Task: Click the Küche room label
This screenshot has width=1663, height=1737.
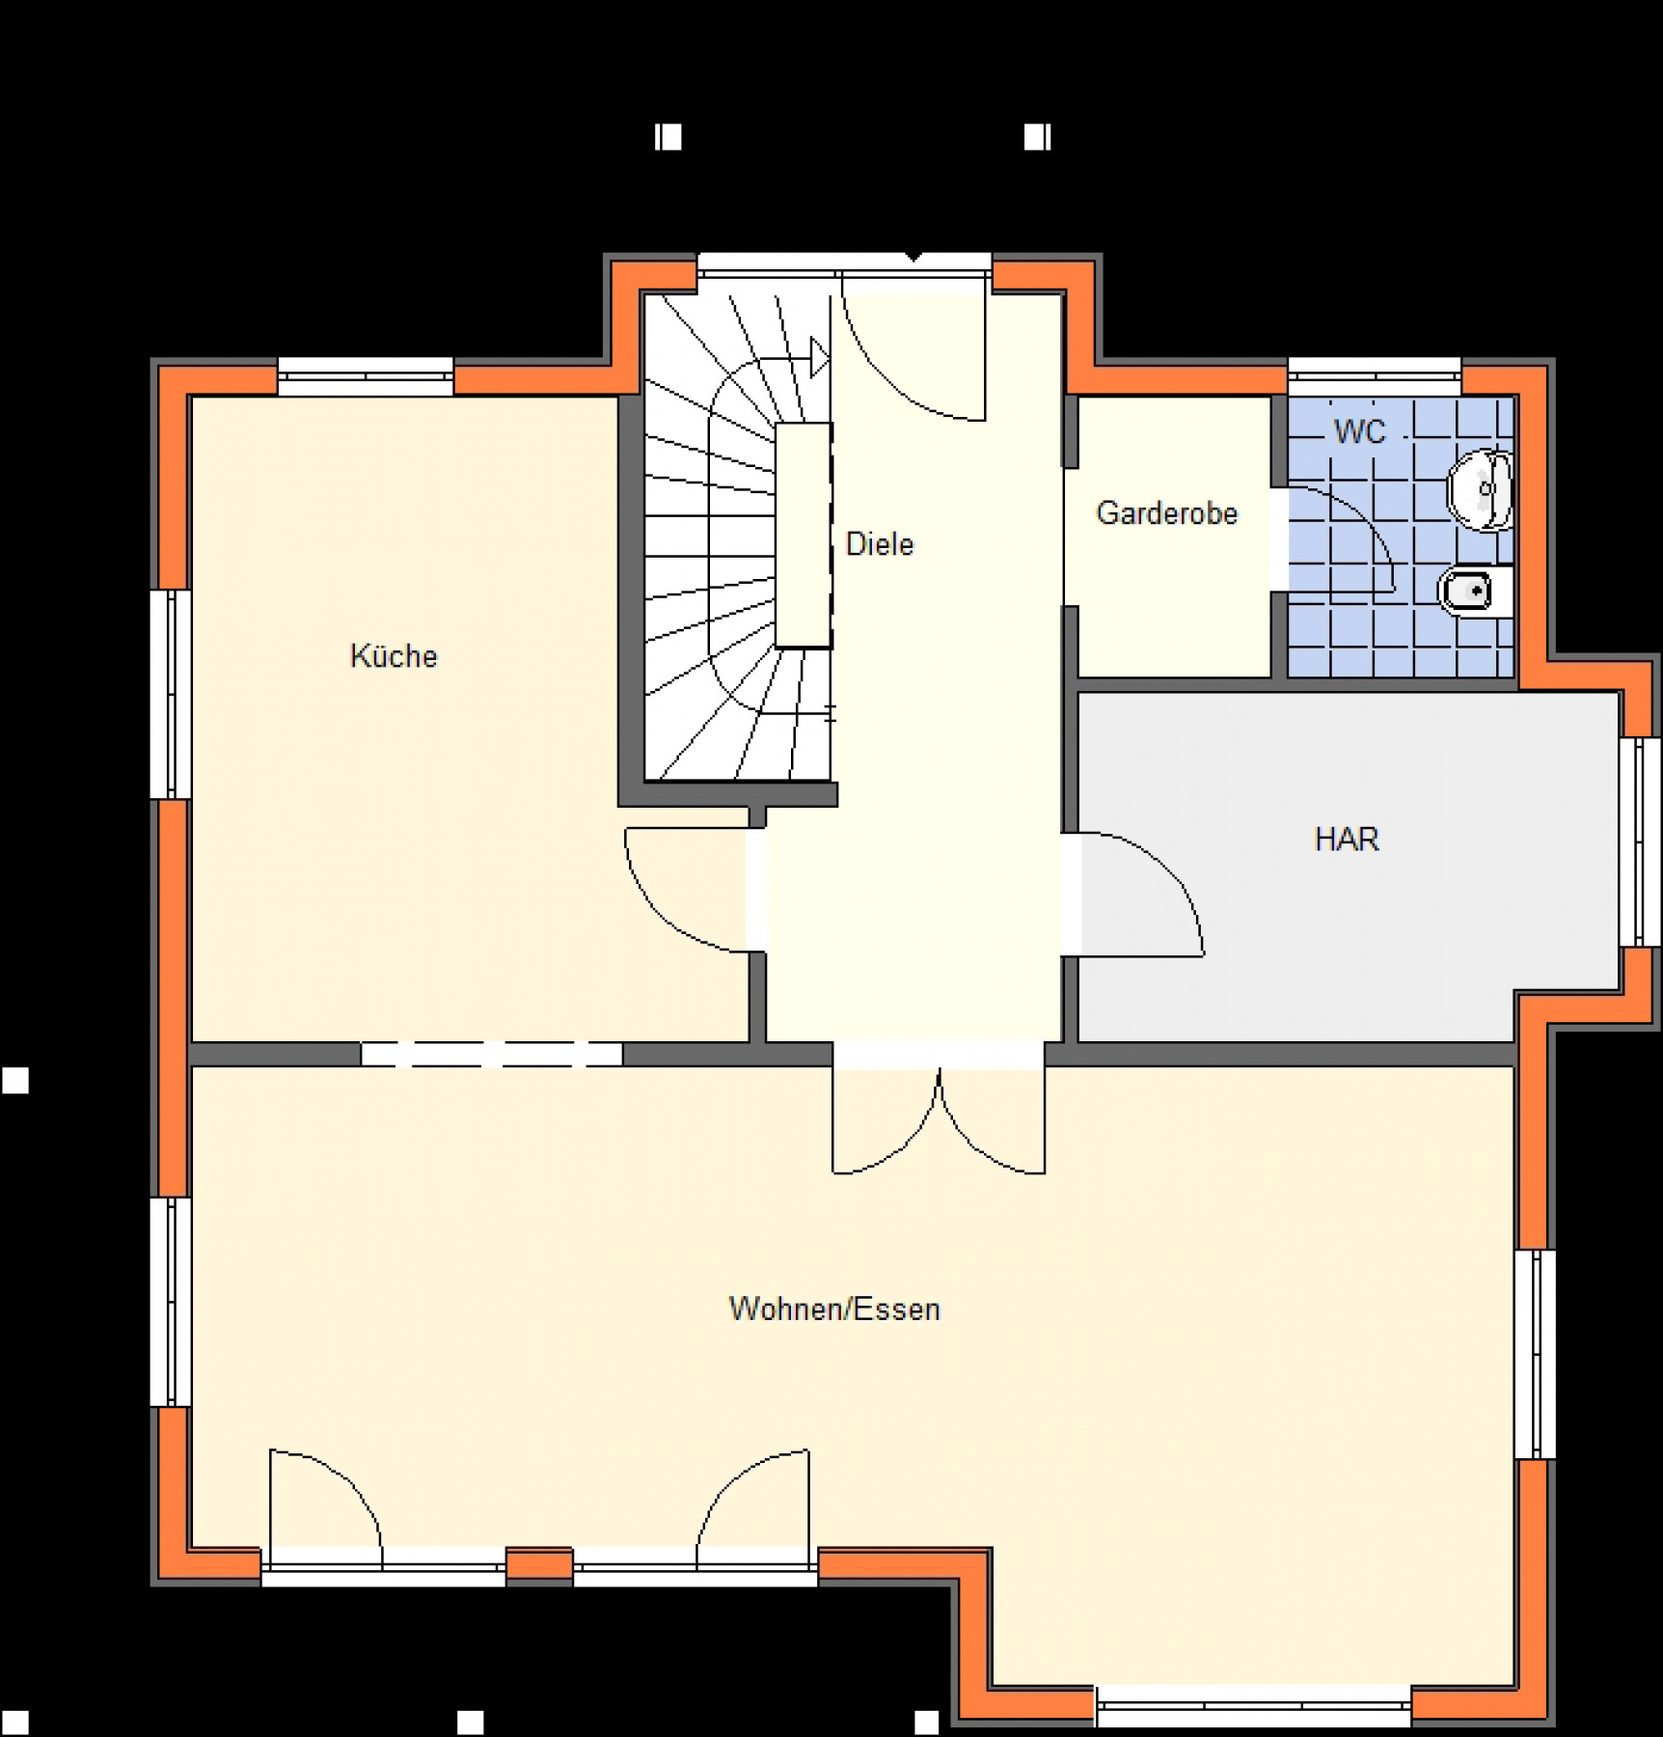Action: pos(394,656)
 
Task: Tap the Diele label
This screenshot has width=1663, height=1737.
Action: pos(880,544)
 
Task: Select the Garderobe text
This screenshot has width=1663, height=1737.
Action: pos(1167,513)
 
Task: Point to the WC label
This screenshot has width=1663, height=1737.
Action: pos(1360,431)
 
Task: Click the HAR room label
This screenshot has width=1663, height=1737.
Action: pos(1348,840)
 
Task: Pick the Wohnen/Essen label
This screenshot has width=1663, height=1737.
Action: pos(834,1310)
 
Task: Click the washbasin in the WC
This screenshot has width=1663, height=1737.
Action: pos(1480,490)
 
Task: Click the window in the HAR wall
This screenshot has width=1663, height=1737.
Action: pos(1640,842)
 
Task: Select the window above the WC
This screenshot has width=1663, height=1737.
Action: pos(1375,376)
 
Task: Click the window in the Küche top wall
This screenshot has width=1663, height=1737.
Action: pos(366,376)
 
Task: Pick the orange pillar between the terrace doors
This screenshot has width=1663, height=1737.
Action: pos(539,1564)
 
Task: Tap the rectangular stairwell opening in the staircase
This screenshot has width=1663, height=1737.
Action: pos(804,536)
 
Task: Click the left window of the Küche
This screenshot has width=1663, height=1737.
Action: pos(171,694)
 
